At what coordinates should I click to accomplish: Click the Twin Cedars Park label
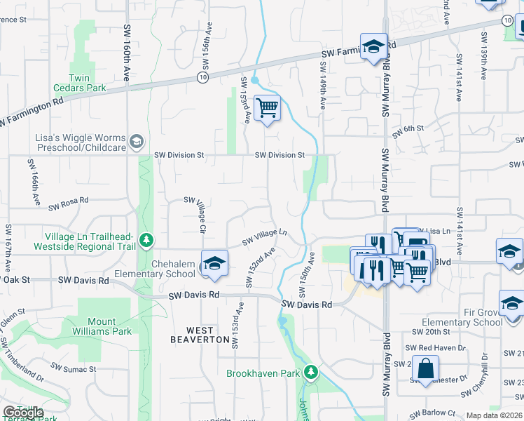click(81, 83)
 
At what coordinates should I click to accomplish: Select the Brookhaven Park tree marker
click(315, 373)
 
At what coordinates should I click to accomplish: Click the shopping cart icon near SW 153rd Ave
click(267, 109)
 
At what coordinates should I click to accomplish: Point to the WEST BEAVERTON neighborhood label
click(200, 335)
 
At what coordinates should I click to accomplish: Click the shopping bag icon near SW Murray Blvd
click(425, 368)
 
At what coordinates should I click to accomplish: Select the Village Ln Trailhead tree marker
click(146, 241)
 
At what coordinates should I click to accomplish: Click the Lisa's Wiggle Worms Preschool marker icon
click(136, 140)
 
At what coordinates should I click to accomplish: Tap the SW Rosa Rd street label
click(69, 203)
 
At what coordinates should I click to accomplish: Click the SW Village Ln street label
click(266, 237)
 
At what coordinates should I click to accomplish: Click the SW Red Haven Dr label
click(439, 347)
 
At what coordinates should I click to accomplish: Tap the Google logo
click(24, 413)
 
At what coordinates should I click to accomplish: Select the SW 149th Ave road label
click(323, 85)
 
